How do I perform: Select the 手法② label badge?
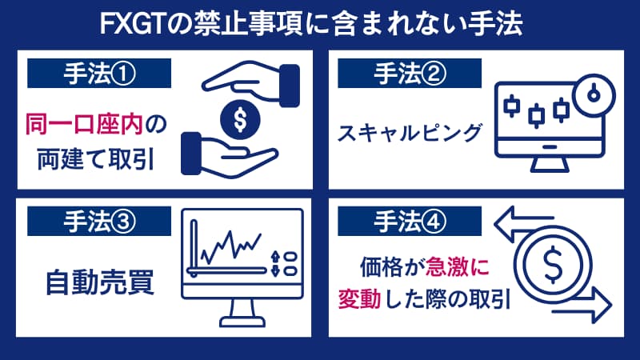point(409,74)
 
